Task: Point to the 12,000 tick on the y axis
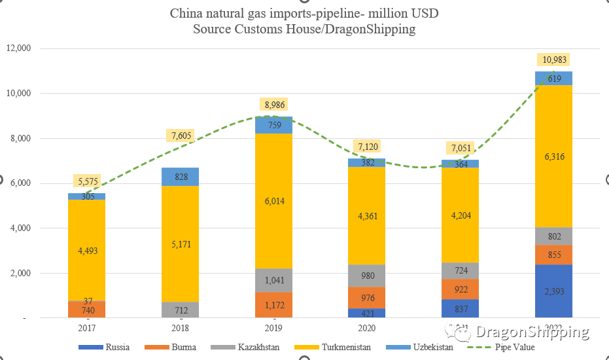[x=26, y=48]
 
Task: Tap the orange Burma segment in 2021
[x=461, y=289]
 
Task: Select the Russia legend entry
[x=116, y=348]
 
